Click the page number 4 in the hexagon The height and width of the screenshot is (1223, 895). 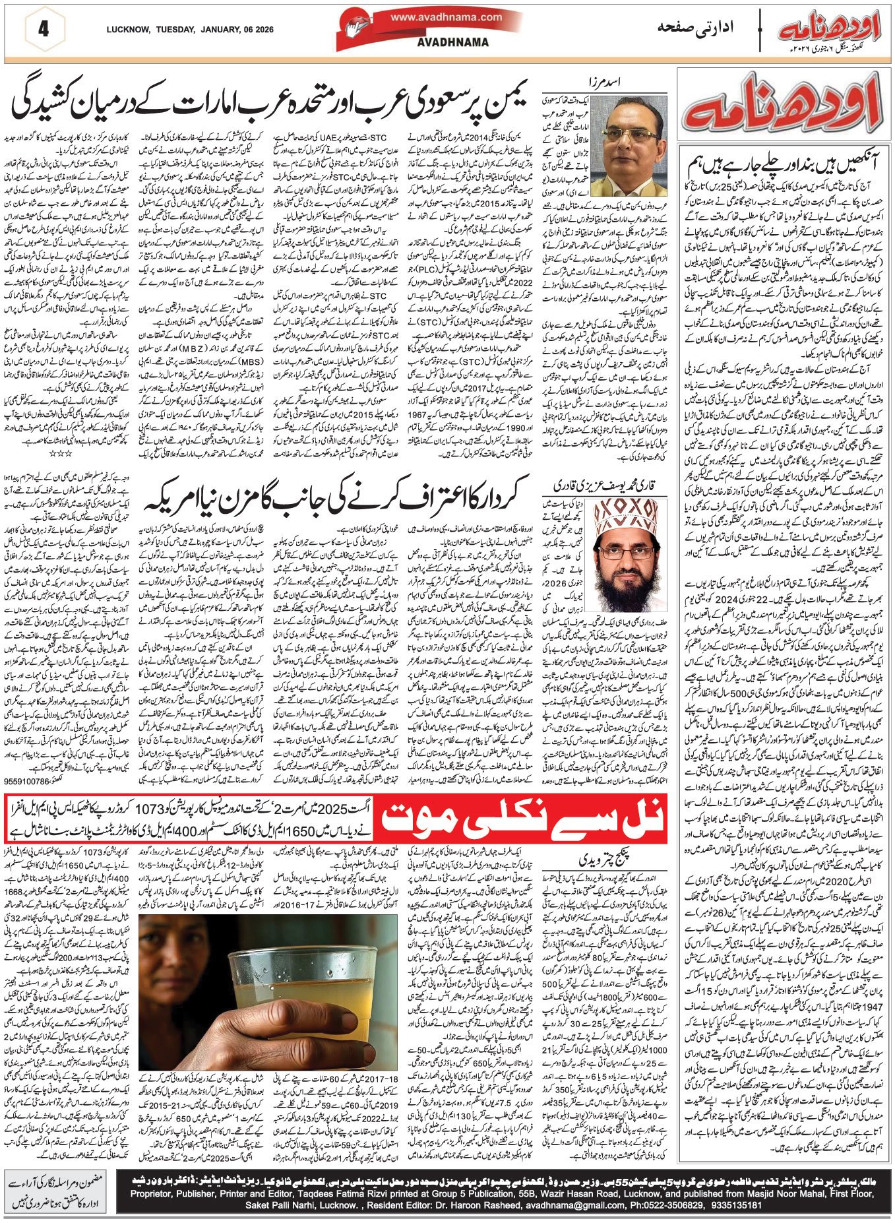point(44,30)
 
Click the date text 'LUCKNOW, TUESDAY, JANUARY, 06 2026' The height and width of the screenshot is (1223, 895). point(190,30)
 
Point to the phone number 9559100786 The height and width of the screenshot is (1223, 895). point(30,781)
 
